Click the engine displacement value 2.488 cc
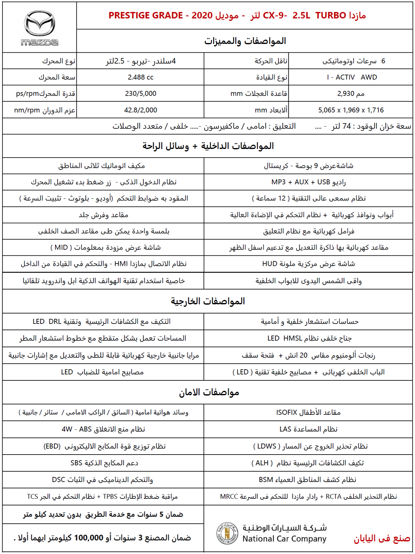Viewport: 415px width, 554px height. click(x=141, y=77)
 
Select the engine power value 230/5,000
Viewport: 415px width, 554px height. click(x=141, y=94)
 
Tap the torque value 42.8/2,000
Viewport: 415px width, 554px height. click(x=141, y=110)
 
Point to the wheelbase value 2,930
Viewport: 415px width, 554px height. click(x=351, y=94)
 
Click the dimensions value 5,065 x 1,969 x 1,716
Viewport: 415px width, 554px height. click(x=351, y=110)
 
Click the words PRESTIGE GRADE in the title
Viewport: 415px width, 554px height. click(x=146, y=15)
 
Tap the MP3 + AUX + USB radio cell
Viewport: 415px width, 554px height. click(x=308, y=182)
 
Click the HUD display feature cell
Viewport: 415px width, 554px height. click(x=308, y=264)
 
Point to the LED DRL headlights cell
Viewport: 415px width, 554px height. click(x=101, y=322)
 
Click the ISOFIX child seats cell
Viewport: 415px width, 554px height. click(x=308, y=413)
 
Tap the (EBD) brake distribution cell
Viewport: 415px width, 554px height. click(x=104, y=446)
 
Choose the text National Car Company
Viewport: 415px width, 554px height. click(x=284, y=539)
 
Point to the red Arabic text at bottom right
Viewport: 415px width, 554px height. click(x=382, y=539)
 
